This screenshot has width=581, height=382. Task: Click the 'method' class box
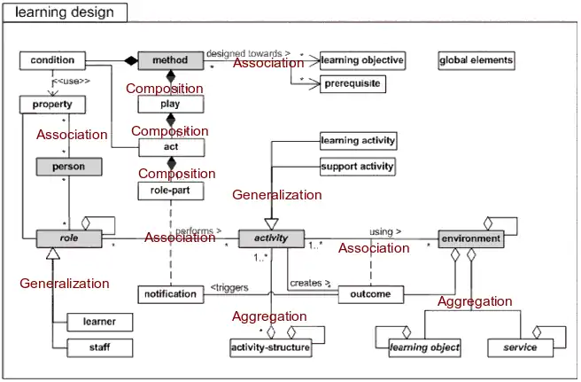(171, 60)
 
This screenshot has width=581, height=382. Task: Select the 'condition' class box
(52, 60)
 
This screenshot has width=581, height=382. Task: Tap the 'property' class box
(52, 104)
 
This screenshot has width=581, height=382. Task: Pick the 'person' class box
(67, 166)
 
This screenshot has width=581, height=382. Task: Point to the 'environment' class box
(470, 238)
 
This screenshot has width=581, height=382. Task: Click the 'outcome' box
(371, 294)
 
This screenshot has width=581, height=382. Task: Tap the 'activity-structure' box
(271, 347)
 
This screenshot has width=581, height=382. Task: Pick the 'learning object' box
(425, 347)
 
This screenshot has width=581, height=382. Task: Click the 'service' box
(520, 347)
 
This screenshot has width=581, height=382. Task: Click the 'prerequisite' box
(352, 84)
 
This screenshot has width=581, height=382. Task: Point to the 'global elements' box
(476, 60)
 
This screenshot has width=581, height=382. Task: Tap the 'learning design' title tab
(65, 12)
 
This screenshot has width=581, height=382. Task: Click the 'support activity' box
(358, 166)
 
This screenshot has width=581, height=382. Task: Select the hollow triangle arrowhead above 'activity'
(272, 224)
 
